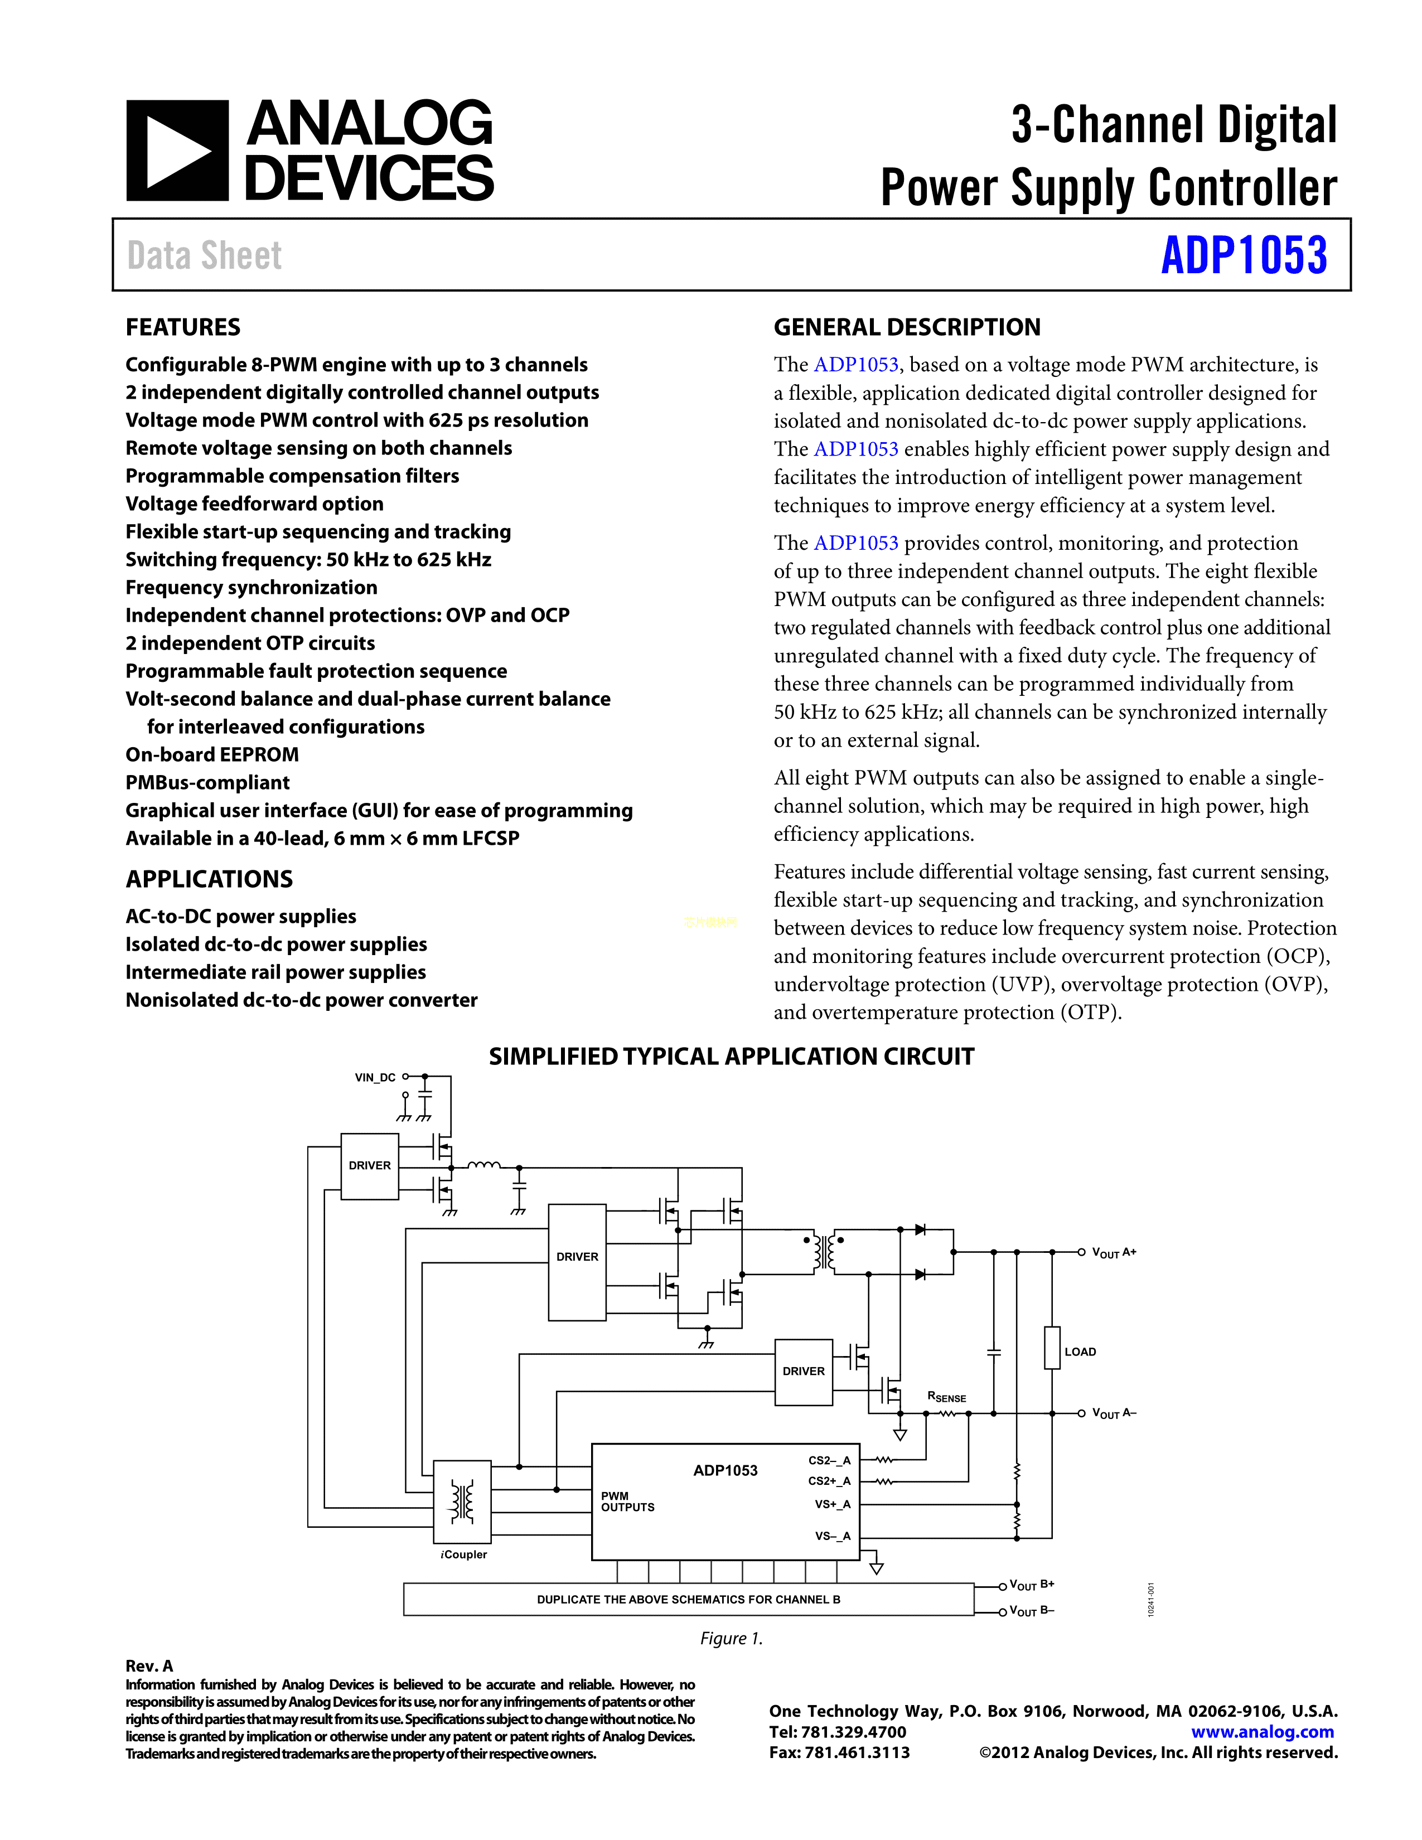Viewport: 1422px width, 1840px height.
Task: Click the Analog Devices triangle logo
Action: pyautogui.click(x=177, y=151)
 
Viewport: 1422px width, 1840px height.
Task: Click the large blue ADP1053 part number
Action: pyautogui.click(x=1244, y=255)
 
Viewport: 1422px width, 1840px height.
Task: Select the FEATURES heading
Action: pyautogui.click(x=183, y=327)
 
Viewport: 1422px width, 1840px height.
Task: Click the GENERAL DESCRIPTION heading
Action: pyautogui.click(x=906, y=327)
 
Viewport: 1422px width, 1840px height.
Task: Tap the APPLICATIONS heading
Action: pyautogui.click(x=209, y=879)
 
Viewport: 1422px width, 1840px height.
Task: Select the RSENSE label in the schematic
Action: pyautogui.click(x=946, y=1397)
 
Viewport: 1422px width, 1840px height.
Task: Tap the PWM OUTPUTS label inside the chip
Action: pyautogui.click(x=627, y=1502)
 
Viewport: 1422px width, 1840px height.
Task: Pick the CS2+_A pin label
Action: pyautogui.click(x=829, y=1481)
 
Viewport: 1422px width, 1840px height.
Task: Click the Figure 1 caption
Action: pyautogui.click(x=731, y=1638)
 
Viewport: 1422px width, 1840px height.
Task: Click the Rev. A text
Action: pyautogui.click(x=149, y=1665)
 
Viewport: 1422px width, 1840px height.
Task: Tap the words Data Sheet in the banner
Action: pyautogui.click(x=205, y=255)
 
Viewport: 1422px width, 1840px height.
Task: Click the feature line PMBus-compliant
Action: pyautogui.click(x=207, y=783)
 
